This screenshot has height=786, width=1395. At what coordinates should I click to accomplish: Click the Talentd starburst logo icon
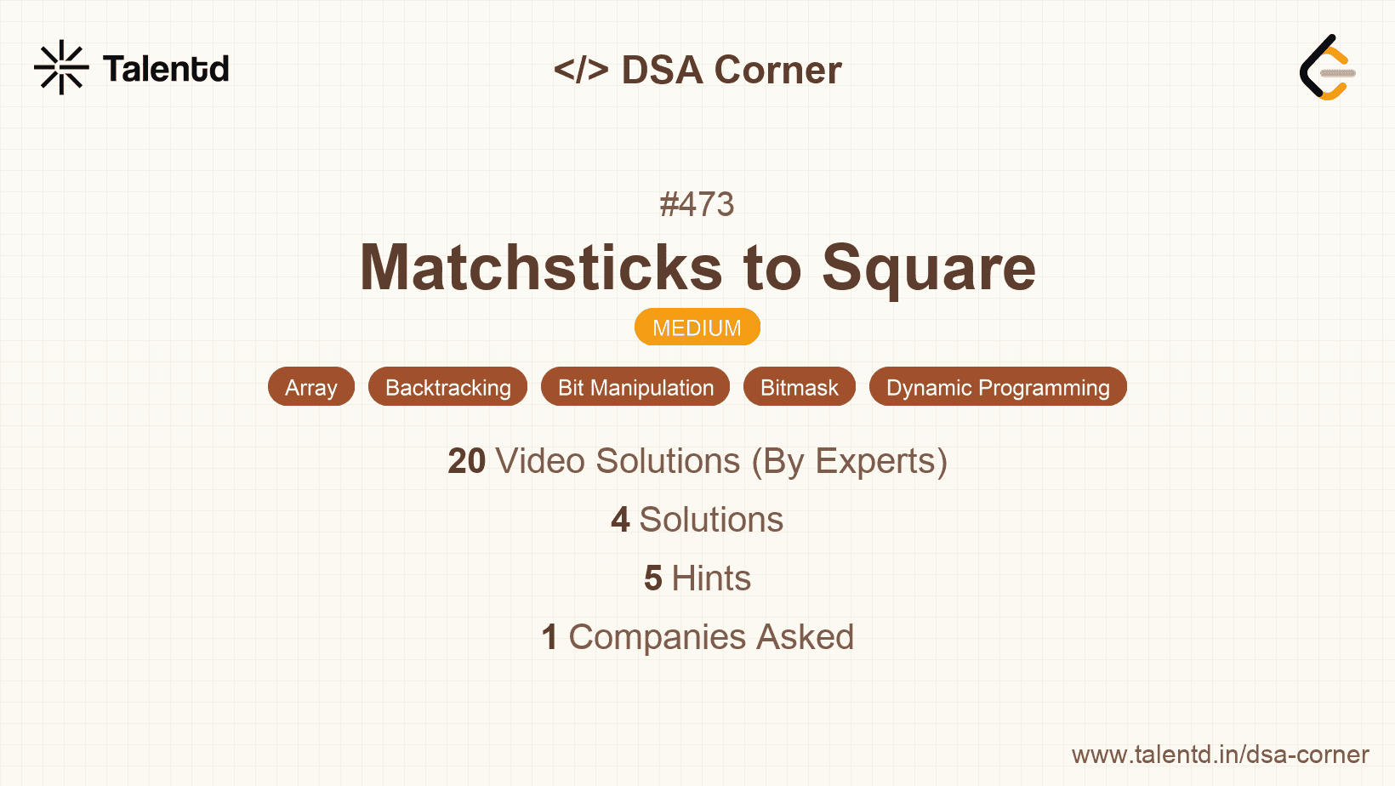pos(61,67)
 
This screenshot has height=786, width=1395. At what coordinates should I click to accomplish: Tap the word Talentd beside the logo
pos(166,69)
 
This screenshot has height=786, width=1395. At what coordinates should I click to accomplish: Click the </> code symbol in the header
pos(581,70)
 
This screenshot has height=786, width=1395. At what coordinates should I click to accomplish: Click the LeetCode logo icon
pos(1327,67)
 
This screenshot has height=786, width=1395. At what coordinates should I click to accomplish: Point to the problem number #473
pos(697,204)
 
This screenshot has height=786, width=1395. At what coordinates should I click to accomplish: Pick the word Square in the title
pos(929,268)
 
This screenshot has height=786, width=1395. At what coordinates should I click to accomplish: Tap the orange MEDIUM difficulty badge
pos(697,327)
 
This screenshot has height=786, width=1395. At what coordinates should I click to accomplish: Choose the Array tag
pos(310,387)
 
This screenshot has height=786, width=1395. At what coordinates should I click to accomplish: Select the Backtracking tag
pos(447,387)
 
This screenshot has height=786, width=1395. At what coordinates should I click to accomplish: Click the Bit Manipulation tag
pos(635,387)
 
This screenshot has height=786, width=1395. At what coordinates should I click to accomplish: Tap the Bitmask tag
pos(799,387)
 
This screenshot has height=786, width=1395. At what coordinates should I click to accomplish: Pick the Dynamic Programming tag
pos(998,387)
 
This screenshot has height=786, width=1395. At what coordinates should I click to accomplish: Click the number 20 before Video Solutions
pos(466,461)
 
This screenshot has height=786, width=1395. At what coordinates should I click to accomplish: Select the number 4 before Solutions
pos(620,520)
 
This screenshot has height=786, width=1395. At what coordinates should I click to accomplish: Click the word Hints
pos(711,578)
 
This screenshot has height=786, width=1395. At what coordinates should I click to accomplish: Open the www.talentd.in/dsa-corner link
pos(1220,755)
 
